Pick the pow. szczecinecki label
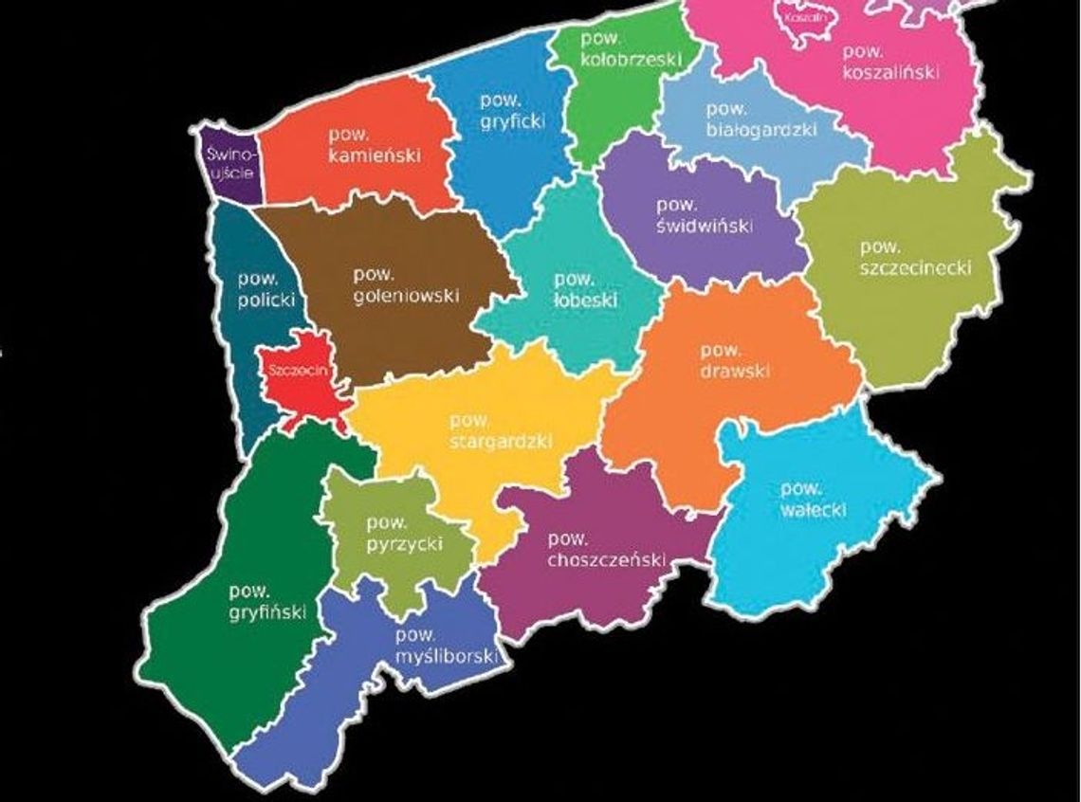pos(916,259)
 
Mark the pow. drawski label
pos(736,361)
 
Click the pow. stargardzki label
pos(500,431)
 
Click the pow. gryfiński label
pos(266,603)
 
